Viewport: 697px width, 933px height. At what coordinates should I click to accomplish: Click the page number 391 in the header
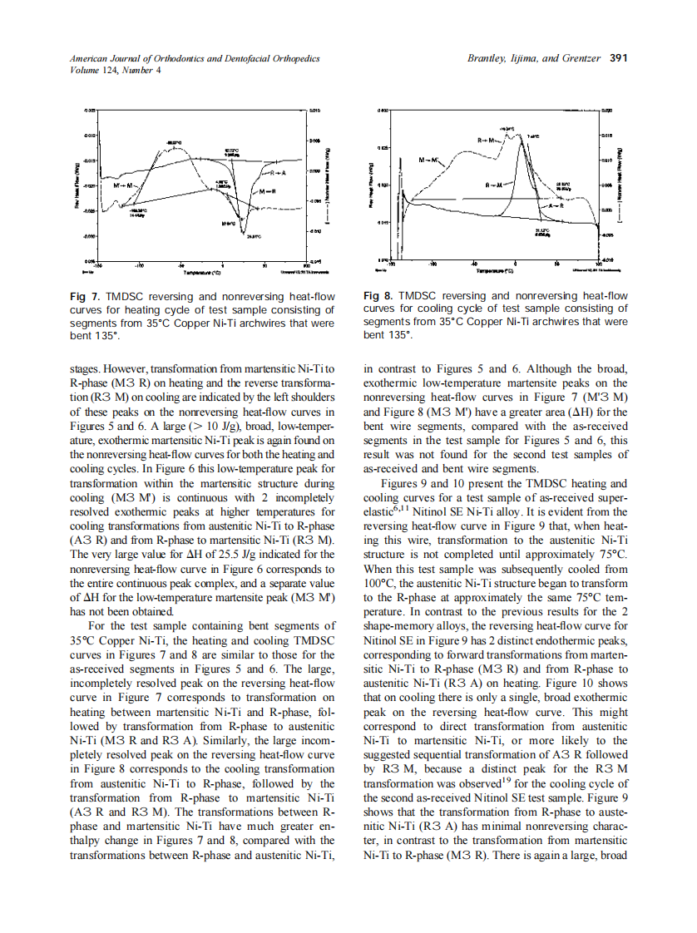618,58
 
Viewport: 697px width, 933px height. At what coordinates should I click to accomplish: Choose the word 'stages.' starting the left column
87,366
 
